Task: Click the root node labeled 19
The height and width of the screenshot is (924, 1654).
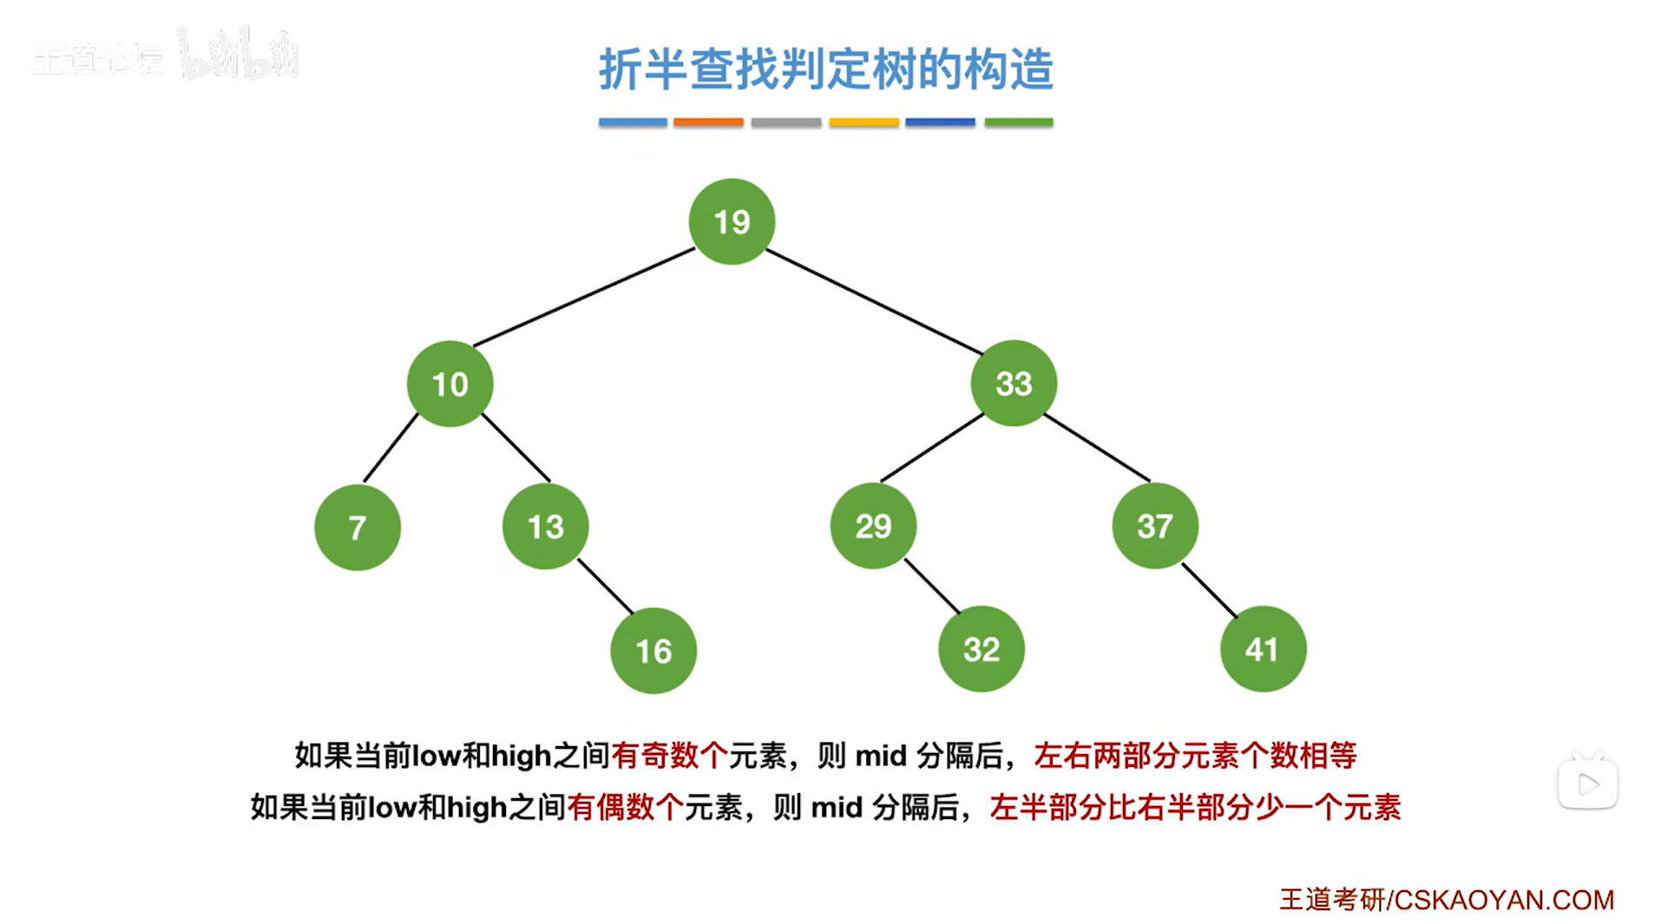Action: (x=732, y=221)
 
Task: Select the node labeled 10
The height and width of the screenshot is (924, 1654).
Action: (x=450, y=383)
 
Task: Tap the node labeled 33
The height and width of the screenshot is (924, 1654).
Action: (x=1014, y=383)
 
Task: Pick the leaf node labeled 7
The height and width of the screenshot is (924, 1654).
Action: (x=357, y=527)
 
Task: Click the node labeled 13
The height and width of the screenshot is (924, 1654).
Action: (x=545, y=526)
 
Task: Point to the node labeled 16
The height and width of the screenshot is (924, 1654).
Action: (x=653, y=650)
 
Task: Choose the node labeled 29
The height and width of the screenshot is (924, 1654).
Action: (x=873, y=525)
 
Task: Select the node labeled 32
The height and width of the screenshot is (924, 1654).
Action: (x=981, y=648)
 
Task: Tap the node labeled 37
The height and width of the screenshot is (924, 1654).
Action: (x=1155, y=525)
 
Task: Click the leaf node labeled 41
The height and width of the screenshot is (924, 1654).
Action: (x=1263, y=648)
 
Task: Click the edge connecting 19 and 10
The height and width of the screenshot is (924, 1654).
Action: (x=584, y=298)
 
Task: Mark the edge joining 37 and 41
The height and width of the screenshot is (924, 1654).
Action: (x=1210, y=590)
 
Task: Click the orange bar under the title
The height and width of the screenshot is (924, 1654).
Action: (x=708, y=122)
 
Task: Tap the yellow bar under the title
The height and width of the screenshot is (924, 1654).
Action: (x=863, y=122)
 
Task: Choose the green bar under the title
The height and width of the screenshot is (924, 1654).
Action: (x=1019, y=122)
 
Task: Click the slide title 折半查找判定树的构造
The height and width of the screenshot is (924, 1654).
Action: (x=826, y=69)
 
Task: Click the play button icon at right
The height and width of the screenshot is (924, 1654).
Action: (x=1588, y=784)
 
